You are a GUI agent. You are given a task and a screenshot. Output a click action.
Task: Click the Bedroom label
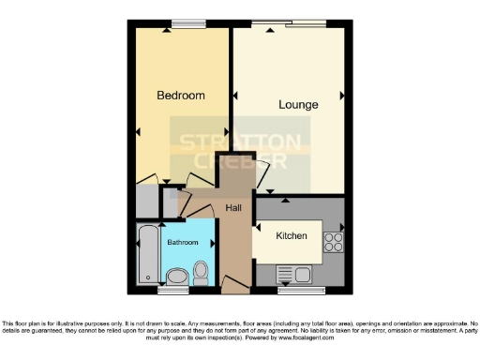pyautogui.click(x=180, y=96)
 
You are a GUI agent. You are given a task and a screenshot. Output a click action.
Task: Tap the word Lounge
pyautogui.click(x=298, y=104)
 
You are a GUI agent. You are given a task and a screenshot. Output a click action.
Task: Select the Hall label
pyautogui.click(x=233, y=208)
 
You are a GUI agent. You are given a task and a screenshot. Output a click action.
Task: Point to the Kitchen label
pyautogui.click(x=292, y=236)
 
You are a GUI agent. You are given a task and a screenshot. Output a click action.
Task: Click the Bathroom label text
pyautogui.click(x=183, y=243)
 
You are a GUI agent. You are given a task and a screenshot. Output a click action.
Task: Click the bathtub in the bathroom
pyautogui.click(x=147, y=253)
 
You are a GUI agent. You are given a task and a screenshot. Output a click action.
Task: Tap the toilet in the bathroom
pyautogui.click(x=201, y=273)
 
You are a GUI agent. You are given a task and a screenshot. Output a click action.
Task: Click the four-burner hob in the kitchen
pyautogui.click(x=333, y=242)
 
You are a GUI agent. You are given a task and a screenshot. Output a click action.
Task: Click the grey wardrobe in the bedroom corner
pyautogui.click(x=146, y=201)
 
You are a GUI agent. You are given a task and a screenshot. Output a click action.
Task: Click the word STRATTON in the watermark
pyautogui.click(x=240, y=143)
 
